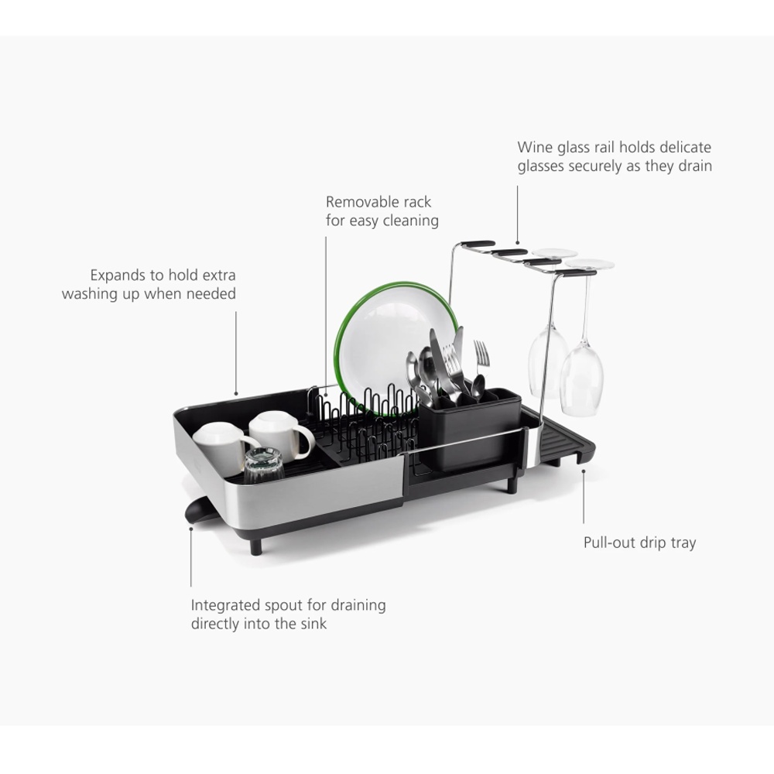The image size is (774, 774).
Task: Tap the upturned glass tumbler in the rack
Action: (x=264, y=465)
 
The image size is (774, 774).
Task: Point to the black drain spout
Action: (x=198, y=511)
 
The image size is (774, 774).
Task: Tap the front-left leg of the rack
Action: (x=255, y=546)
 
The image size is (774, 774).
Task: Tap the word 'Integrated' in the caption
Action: (x=225, y=606)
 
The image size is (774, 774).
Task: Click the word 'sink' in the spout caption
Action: (x=314, y=624)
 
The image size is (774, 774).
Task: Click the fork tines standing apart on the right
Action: (x=481, y=352)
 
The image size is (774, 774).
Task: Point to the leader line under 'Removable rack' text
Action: (x=326, y=316)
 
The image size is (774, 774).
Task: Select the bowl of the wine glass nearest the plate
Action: (x=547, y=363)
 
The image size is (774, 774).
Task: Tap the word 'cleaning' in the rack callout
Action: (x=411, y=221)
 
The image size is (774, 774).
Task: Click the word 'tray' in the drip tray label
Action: (x=683, y=543)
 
